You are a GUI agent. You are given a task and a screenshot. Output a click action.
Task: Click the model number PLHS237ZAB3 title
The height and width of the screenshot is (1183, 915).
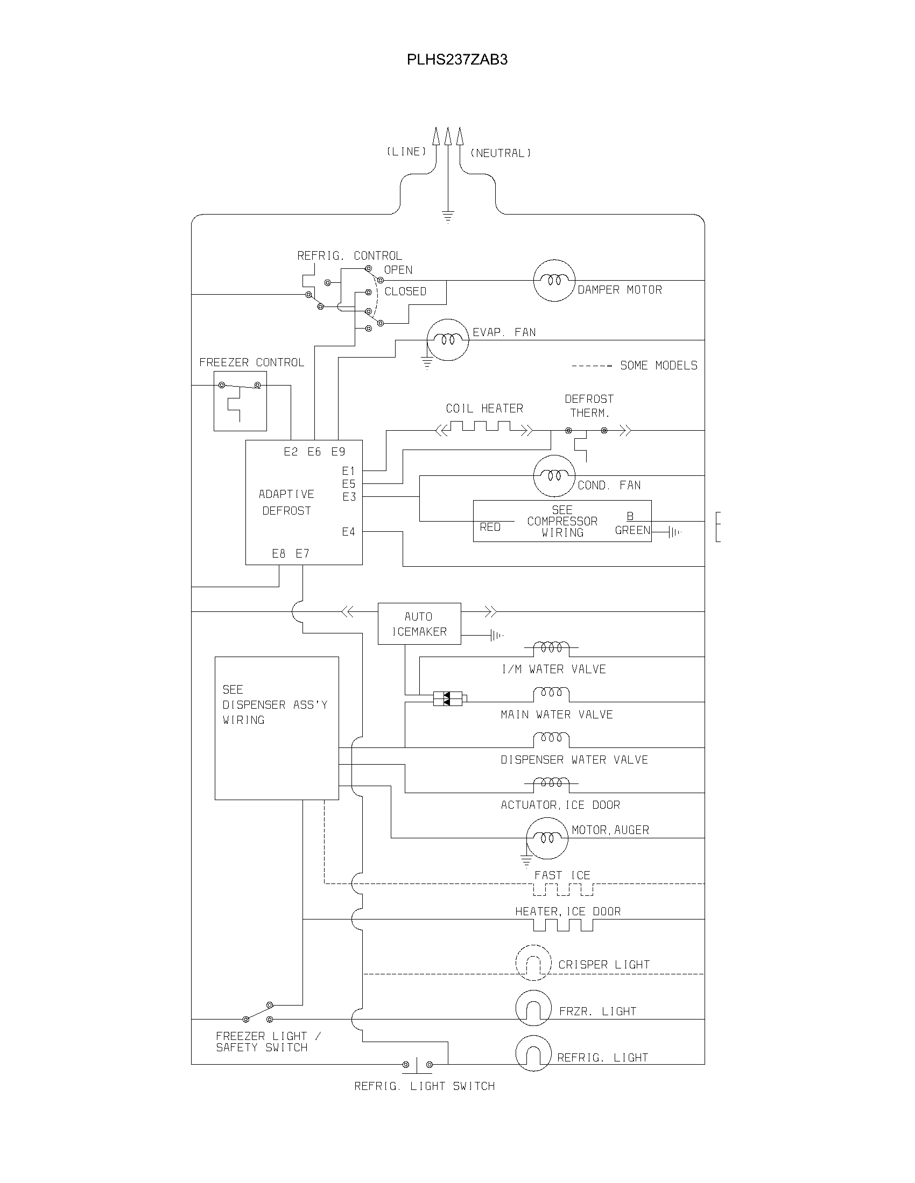coord(457,60)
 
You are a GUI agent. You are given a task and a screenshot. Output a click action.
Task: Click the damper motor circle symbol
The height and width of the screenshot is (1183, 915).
coord(553,280)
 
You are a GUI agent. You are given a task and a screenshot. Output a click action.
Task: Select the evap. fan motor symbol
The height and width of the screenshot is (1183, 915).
coord(448,340)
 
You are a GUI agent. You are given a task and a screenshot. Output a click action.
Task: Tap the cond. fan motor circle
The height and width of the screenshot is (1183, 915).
coord(553,475)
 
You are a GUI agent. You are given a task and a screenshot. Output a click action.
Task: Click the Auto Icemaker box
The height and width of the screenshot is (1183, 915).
coord(419,623)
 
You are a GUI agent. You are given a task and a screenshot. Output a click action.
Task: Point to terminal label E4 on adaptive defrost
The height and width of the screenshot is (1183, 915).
coord(349,532)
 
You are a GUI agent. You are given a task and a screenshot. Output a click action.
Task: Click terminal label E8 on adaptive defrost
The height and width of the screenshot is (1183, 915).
coord(279,553)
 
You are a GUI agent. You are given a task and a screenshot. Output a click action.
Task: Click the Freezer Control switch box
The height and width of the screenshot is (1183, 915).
coord(240,401)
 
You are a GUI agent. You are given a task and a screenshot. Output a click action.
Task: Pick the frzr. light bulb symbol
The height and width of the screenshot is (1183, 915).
coord(533,1008)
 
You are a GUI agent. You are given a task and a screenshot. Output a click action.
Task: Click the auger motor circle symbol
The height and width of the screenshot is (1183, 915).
coord(547,838)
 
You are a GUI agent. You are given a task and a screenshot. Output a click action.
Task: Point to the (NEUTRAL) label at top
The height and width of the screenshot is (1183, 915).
coord(501,153)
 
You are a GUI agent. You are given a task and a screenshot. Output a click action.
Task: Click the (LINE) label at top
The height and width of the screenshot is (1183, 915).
coord(406,152)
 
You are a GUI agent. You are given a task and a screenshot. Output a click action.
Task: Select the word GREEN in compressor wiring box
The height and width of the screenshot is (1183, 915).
coord(632,530)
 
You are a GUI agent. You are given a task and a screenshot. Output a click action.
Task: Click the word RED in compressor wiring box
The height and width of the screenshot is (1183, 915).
coord(490,527)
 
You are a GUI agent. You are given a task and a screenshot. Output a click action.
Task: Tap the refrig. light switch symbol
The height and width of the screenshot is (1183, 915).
coord(417,1065)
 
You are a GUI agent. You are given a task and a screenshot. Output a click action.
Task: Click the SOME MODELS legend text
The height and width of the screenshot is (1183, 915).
coord(658,366)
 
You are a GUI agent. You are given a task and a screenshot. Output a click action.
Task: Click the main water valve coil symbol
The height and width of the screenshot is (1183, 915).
coord(551,694)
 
